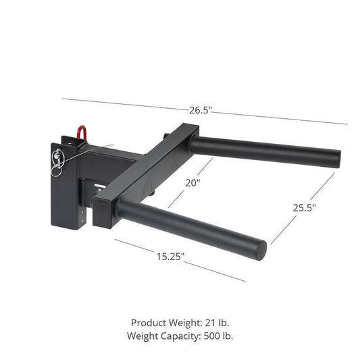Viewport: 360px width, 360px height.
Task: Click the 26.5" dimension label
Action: pos(202,111)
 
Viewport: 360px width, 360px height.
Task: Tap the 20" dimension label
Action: pos(193,182)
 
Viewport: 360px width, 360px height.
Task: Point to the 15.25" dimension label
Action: pos(170,257)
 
